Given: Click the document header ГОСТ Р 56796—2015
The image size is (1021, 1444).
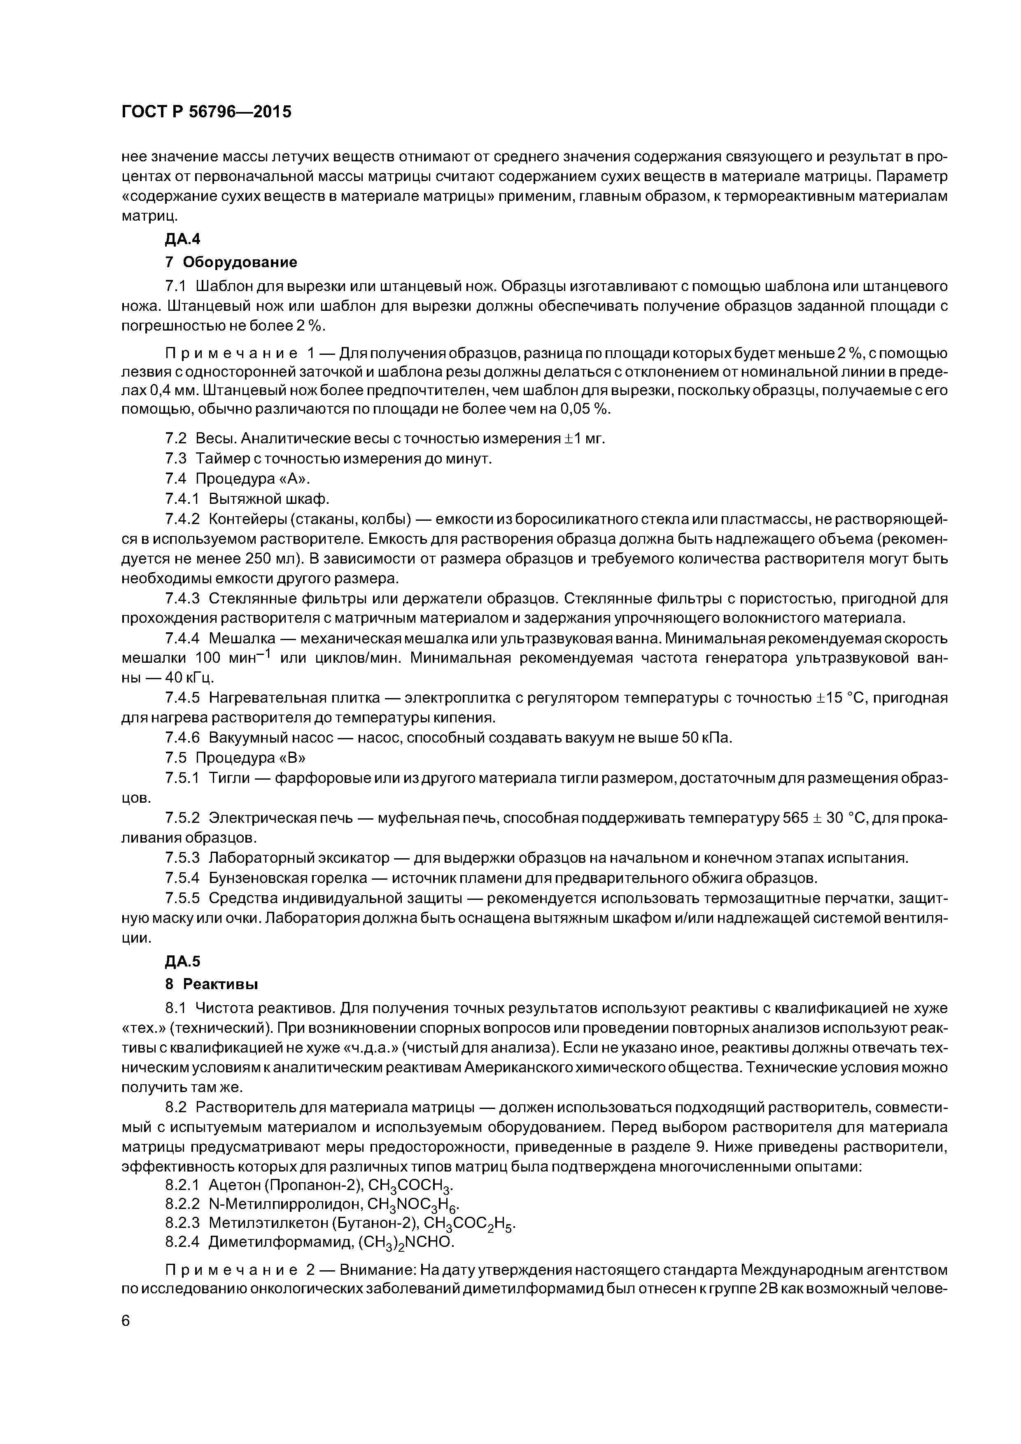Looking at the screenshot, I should (x=206, y=112).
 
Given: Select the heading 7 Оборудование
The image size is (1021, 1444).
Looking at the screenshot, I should (x=230, y=262).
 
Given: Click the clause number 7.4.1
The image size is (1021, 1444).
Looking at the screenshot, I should (x=182, y=499).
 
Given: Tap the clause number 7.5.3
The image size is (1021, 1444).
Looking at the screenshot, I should (x=182, y=858).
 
